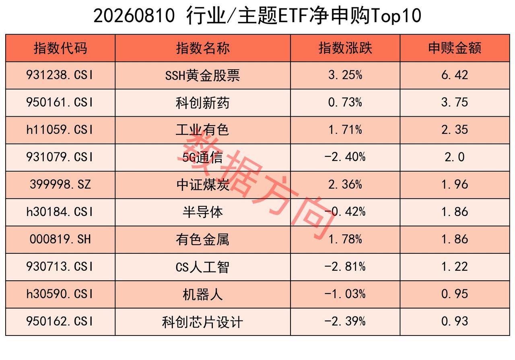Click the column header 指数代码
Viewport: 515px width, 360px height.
point(60,48)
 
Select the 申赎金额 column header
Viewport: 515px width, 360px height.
point(455,48)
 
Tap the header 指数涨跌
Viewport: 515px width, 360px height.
point(345,48)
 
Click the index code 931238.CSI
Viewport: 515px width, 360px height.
point(60,75)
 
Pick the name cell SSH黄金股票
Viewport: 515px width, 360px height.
point(202,75)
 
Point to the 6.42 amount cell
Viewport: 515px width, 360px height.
point(455,75)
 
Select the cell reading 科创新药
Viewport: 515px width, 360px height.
point(202,103)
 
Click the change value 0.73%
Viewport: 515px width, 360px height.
point(345,102)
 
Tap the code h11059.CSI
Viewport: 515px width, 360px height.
point(60,130)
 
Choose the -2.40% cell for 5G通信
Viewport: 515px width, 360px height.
point(345,157)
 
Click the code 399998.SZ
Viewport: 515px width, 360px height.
point(60,184)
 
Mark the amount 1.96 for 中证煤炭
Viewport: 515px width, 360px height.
point(455,184)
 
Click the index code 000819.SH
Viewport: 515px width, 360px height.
point(60,239)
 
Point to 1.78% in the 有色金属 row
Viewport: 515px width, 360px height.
point(345,239)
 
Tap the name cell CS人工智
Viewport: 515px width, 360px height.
point(202,267)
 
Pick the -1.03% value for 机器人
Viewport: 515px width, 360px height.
point(345,294)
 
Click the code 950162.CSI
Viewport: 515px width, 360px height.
point(60,321)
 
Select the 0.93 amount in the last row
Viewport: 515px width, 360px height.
point(455,321)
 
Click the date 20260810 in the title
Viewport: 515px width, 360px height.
point(134,16)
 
